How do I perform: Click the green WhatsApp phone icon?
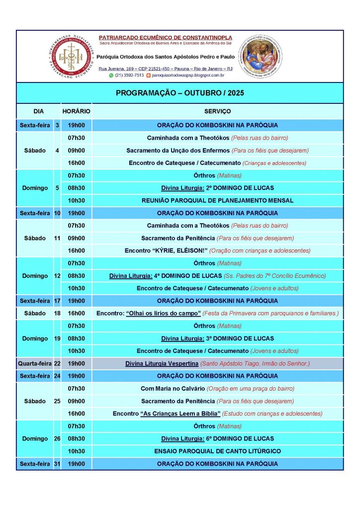point(111,76)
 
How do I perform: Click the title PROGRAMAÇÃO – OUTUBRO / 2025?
point(180,93)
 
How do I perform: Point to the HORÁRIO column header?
point(76,111)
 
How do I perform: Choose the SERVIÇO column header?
point(217,111)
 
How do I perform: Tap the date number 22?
point(57,363)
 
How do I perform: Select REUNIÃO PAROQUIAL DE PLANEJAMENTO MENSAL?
point(217,200)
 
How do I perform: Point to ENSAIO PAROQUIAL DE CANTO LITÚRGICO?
point(217,451)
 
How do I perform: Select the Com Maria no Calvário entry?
point(173,388)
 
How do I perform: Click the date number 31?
point(57,464)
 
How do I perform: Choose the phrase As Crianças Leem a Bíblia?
point(180,414)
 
